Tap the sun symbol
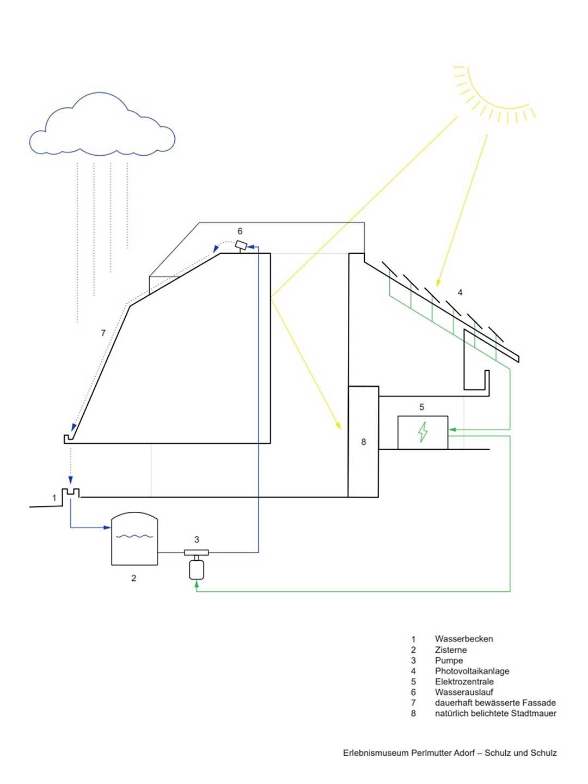tap(493, 90)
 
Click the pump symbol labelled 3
tap(196, 563)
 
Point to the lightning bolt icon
tap(422, 432)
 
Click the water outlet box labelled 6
tap(241, 246)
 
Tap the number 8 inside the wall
tap(364, 442)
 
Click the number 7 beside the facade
tap(103, 333)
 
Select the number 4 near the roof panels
tap(460, 292)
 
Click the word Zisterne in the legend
tap(450, 650)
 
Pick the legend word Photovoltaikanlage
tap(472, 671)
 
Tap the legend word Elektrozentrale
tap(464, 682)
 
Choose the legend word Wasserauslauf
tap(464, 692)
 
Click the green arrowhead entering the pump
tap(197, 584)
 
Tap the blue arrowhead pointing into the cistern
tap(107, 527)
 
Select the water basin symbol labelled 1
tap(71, 493)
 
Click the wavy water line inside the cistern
tap(134, 536)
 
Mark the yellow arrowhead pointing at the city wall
tap(339, 426)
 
